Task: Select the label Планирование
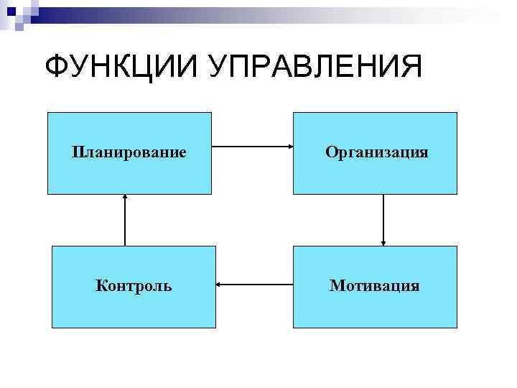pos(129,152)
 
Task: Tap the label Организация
pos(376,152)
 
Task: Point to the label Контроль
pos(134,286)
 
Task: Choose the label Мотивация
pos(374,286)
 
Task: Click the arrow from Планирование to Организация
pos(252,148)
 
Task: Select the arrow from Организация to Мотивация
pos(383,220)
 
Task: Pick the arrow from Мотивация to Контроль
pos(254,285)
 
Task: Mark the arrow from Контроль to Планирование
pos(126,220)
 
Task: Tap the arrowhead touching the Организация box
pos(289,148)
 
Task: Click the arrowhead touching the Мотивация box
pos(383,242)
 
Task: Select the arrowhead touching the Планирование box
pos(126,198)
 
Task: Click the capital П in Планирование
pos(77,152)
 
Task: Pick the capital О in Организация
pos(330,152)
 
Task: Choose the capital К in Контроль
pos(101,286)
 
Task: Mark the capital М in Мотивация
pos(336,286)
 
